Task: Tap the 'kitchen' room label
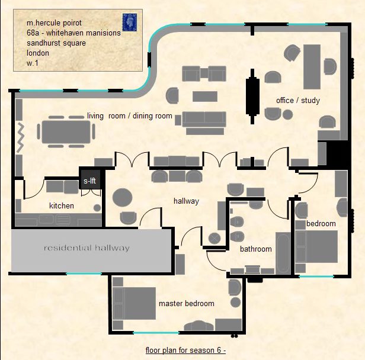(62, 206)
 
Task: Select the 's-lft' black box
(90, 181)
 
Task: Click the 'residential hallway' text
(87, 247)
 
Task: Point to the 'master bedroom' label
(186, 304)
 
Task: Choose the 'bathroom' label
(255, 249)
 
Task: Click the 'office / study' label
(297, 101)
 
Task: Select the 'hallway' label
(186, 201)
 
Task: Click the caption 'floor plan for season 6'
(185, 351)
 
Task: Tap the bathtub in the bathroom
(283, 251)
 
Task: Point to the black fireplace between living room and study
(252, 94)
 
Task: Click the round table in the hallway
(123, 197)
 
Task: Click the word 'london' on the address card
(37, 53)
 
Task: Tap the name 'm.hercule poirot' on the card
(57, 23)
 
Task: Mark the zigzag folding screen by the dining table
(19, 137)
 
